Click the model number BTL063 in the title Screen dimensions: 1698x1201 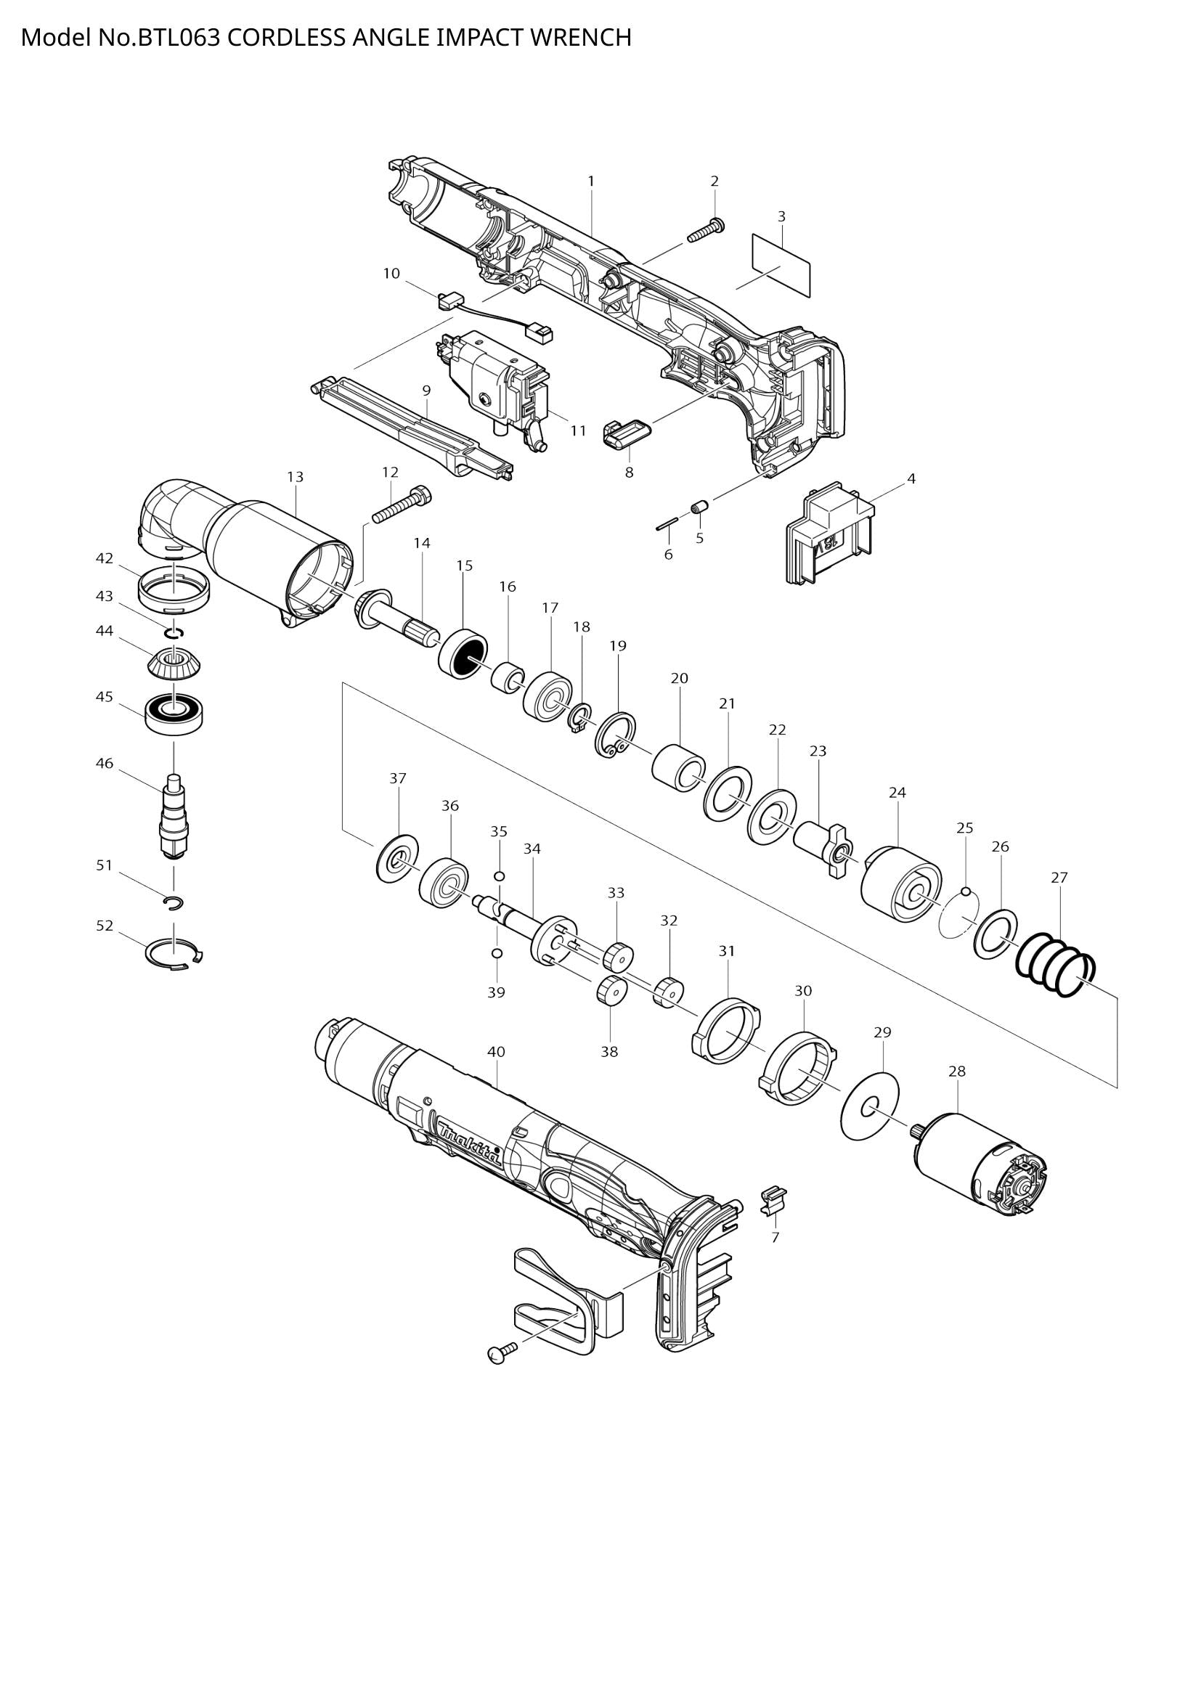(x=177, y=37)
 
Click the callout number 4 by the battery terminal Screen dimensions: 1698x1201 (x=911, y=479)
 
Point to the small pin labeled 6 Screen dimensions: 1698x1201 (x=667, y=524)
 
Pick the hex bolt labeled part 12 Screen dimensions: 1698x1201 (x=402, y=505)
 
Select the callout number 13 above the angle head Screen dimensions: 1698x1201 (x=295, y=477)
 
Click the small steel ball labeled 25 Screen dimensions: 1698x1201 (x=964, y=890)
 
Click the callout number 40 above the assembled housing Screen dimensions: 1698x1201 (x=496, y=1051)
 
